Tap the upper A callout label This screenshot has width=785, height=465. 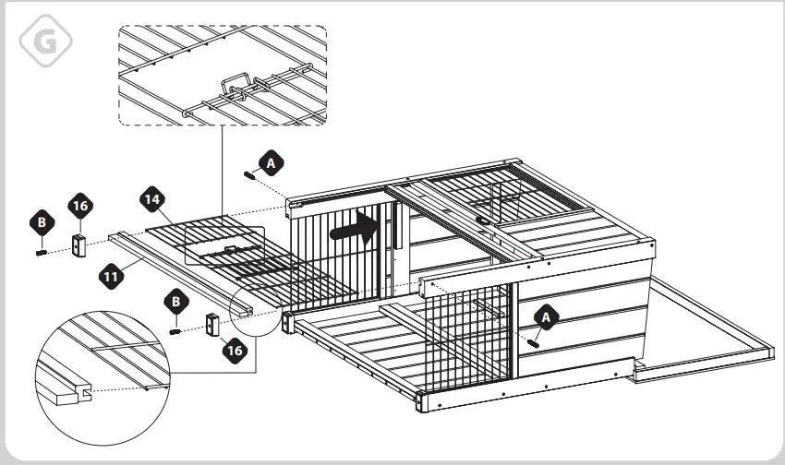(x=271, y=161)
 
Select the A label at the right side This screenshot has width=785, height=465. (x=546, y=316)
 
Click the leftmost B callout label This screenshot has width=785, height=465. (x=41, y=222)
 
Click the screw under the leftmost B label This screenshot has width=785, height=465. (x=42, y=249)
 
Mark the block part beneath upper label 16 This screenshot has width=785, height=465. (x=79, y=244)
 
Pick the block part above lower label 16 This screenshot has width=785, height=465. (x=211, y=324)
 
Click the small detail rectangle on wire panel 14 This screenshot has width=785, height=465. (x=224, y=246)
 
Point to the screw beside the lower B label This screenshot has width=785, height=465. (x=175, y=330)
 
